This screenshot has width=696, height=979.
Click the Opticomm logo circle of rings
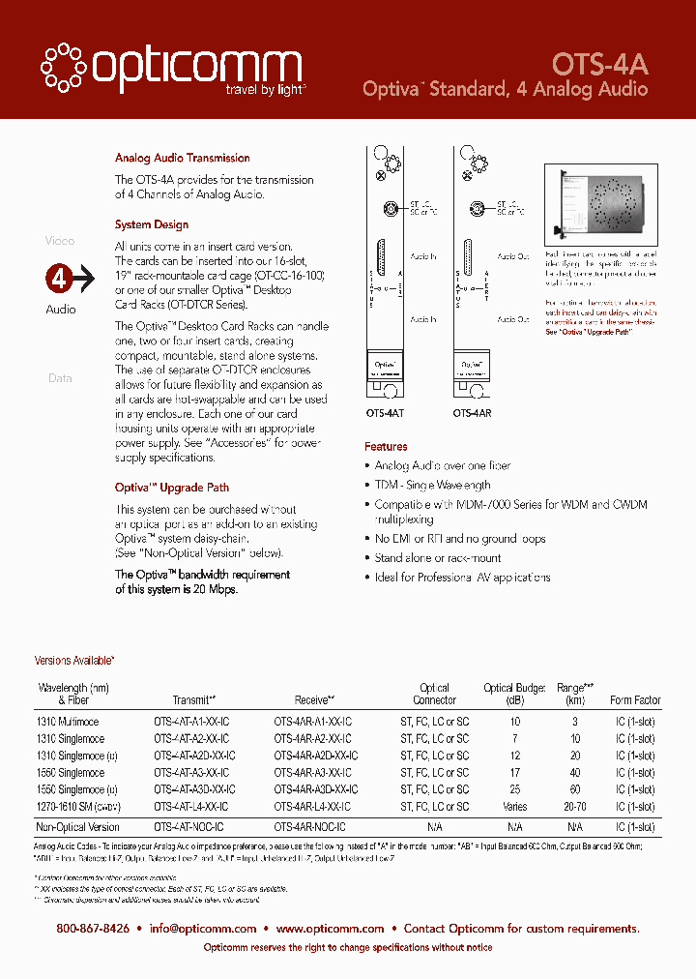pos(64,67)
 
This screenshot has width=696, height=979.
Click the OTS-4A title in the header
pos(599,64)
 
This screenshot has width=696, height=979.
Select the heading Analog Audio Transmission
pos(182,158)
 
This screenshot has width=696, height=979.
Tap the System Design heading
pos(151,224)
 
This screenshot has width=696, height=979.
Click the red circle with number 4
pos(60,280)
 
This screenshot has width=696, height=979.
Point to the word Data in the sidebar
pos(60,378)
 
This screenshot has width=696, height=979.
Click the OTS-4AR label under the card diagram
pos(472,411)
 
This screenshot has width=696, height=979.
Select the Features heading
pos(386,447)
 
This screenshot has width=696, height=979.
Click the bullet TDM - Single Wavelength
pos(432,485)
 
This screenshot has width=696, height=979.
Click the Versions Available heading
pos(74,661)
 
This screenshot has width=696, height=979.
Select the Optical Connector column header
pos(434,694)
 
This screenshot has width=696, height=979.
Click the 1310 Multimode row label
pos(68,722)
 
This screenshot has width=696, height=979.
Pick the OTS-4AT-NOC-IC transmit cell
pos(188,827)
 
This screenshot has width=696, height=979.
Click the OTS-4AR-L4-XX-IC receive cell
pos(312,806)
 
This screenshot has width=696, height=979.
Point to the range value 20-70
pos(575,806)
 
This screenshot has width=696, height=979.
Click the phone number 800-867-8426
pos(93,929)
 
